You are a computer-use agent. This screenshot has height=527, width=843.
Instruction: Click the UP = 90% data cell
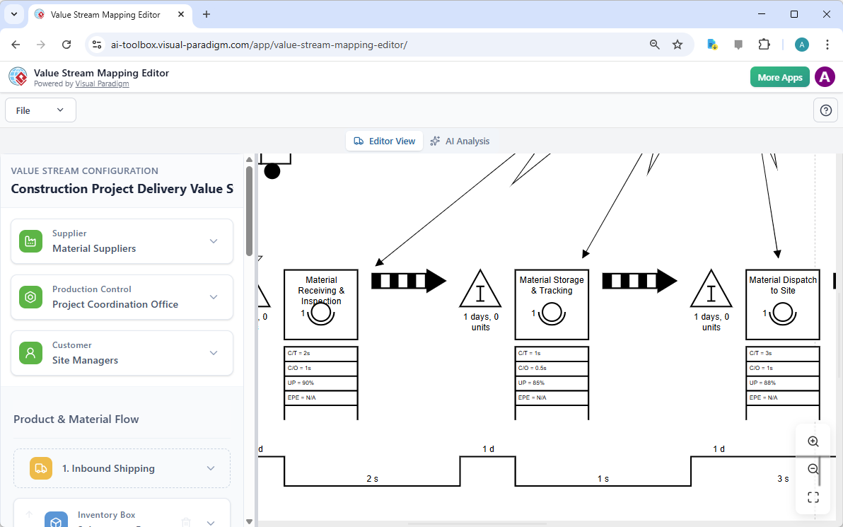click(x=321, y=383)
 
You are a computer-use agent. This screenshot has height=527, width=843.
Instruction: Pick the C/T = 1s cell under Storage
click(x=552, y=353)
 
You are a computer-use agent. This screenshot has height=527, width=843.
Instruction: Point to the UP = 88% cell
click(x=782, y=383)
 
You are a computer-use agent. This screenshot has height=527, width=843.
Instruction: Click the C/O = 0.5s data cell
click(x=552, y=368)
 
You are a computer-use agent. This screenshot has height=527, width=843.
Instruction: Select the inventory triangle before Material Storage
click(x=480, y=290)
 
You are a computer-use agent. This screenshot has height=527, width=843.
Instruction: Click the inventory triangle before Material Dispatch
click(x=711, y=290)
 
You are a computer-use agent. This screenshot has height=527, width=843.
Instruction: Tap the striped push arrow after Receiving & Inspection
click(x=409, y=281)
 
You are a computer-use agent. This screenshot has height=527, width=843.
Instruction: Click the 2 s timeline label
click(x=372, y=479)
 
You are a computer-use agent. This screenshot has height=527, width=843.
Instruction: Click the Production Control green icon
click(x=30, y=297)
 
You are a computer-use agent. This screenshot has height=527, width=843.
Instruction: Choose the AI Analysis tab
click(x=460, y=141)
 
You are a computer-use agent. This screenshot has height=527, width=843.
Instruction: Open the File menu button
click(x=40, y=110)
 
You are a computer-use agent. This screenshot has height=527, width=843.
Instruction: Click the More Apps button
click(x=779, y=77)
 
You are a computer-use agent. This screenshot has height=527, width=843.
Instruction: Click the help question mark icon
click(x=825, y=110)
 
